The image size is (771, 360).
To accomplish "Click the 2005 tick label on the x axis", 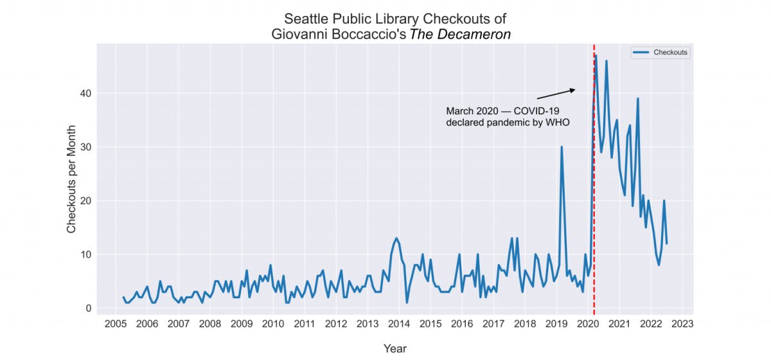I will click(115, 323).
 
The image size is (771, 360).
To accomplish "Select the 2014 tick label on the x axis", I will click(399, 323).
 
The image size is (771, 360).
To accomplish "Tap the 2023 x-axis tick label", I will click(682, 323).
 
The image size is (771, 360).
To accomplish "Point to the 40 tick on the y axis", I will click(85, 94).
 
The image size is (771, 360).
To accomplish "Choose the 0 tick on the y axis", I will click(89, 309).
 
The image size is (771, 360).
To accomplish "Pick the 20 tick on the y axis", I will click(85, 201).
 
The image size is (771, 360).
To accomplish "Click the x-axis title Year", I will click(394, 348).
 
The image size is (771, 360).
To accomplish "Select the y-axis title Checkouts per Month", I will click(71, 179).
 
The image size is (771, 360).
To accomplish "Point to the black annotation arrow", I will click(556, 94).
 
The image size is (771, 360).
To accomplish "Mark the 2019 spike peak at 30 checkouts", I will click(562, 147).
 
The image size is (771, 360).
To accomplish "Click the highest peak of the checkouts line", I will click(596, 56).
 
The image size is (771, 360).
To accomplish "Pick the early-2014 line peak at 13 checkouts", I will click(396, 239).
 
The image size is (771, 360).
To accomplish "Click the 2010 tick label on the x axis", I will click(273, 323).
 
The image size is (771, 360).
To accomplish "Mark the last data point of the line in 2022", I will click(667, 244).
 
